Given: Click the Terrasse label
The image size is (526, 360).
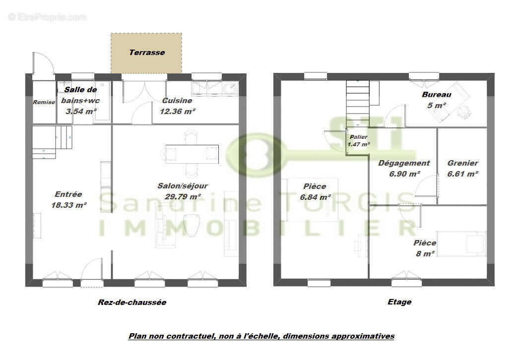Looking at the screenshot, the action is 147,52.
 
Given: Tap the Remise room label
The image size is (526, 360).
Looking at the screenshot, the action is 44,102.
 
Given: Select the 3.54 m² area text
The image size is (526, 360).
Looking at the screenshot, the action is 81,111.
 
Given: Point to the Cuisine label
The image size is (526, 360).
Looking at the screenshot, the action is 177,101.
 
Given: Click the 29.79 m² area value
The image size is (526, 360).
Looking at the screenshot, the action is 183,197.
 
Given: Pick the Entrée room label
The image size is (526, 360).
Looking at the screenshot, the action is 68,194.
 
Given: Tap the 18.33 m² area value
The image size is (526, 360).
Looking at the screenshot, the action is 69,205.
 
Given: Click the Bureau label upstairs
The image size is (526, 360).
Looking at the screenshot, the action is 437,95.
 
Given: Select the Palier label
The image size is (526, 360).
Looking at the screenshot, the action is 359,137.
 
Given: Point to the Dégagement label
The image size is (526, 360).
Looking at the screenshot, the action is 404,163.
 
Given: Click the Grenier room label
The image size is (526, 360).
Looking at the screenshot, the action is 462,163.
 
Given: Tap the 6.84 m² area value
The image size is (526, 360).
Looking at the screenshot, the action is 315,197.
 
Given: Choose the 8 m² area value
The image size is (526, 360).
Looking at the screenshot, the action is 425,254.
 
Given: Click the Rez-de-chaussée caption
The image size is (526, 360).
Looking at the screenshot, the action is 132,302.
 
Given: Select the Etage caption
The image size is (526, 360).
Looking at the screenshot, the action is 399,302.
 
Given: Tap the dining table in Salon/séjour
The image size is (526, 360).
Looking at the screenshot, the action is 192,154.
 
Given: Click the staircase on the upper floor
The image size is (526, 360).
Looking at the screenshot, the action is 358,103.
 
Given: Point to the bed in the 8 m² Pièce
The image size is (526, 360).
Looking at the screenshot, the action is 461,243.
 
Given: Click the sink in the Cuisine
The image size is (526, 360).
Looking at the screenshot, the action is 230,88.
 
